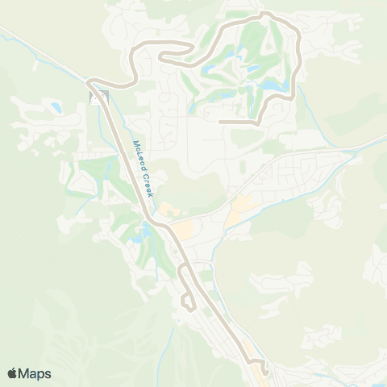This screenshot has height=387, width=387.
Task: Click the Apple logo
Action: click(x=13, y=373)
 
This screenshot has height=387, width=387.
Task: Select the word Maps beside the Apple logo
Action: click(x=36, y=373)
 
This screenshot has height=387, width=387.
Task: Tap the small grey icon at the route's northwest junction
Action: click(x=98, y=98)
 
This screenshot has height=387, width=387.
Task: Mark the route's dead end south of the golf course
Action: click(x=221, y=122)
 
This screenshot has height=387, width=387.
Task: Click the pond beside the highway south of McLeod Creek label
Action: click(x=146, y=236)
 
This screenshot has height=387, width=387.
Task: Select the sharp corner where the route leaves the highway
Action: click(x=89, y=81)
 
